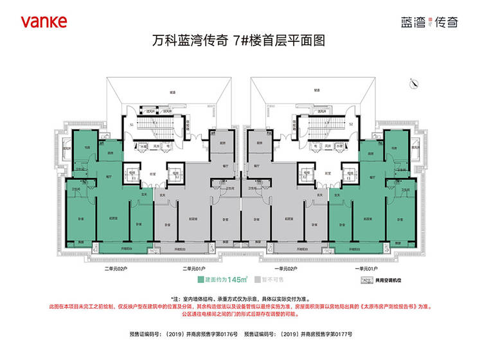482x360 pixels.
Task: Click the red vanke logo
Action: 43,21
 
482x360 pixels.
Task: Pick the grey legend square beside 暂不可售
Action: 258,280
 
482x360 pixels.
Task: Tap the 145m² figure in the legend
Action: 238,280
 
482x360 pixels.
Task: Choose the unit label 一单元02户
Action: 285,268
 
